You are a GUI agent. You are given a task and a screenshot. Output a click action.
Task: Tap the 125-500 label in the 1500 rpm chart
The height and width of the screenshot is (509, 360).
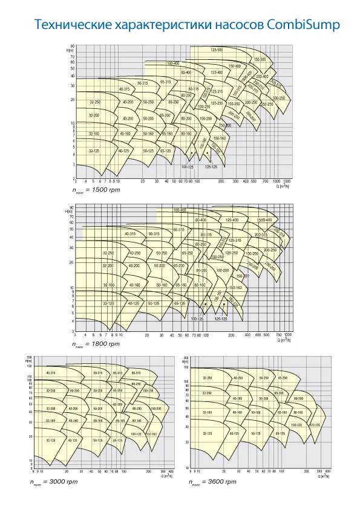217,50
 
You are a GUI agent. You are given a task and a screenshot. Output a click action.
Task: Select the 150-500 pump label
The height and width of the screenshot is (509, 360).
260,59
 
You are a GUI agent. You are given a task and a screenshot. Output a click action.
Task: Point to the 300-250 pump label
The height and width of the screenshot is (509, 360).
279,98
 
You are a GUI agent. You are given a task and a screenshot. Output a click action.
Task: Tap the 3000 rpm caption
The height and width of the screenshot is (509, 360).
54,482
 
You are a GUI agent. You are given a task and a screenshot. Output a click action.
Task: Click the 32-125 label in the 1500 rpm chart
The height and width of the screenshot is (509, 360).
94,151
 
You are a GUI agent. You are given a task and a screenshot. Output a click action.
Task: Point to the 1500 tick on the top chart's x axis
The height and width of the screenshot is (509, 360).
287,181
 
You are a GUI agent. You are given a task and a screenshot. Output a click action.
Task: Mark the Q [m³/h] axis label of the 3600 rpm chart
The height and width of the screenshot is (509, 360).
322,476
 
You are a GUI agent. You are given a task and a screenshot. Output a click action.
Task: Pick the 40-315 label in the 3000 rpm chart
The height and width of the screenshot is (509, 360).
51,373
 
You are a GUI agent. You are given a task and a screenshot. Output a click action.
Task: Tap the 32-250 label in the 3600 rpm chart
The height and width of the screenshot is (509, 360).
208,378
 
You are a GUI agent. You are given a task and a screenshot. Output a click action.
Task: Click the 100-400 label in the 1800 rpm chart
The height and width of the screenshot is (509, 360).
179,210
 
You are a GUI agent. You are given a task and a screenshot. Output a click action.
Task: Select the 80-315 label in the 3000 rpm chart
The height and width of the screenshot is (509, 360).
136,373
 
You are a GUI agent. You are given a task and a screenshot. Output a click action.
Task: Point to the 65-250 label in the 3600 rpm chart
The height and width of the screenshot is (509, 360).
283,378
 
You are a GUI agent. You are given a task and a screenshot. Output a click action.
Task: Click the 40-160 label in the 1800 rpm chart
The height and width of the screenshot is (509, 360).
134,285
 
